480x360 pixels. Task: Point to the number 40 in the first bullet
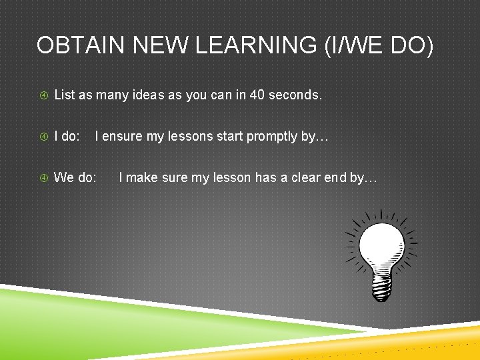[257, 95]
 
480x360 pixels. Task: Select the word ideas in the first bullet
[148, 95]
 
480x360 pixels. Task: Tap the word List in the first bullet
[65, 95]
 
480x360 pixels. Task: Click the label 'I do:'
[67, 137]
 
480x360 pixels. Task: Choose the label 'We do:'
[75, 178]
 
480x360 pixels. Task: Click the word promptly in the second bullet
[273, 137]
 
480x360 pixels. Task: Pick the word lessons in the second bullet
[190, 137]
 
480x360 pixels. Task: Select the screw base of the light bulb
[381, 288]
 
